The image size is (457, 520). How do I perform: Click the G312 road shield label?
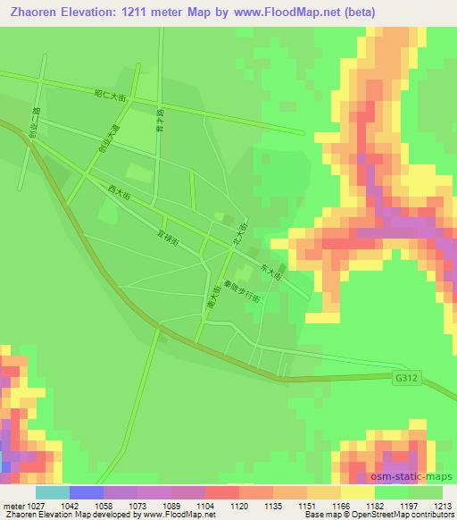pyautogui.click(x=404, y=379)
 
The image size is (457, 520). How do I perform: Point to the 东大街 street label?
pyautogui.click(x=270, y=272)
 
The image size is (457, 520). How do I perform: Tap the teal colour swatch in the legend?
pyautogui.click(x=53, y=491)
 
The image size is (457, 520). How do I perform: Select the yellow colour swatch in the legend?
pyautogui.click(x=358, y=491)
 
